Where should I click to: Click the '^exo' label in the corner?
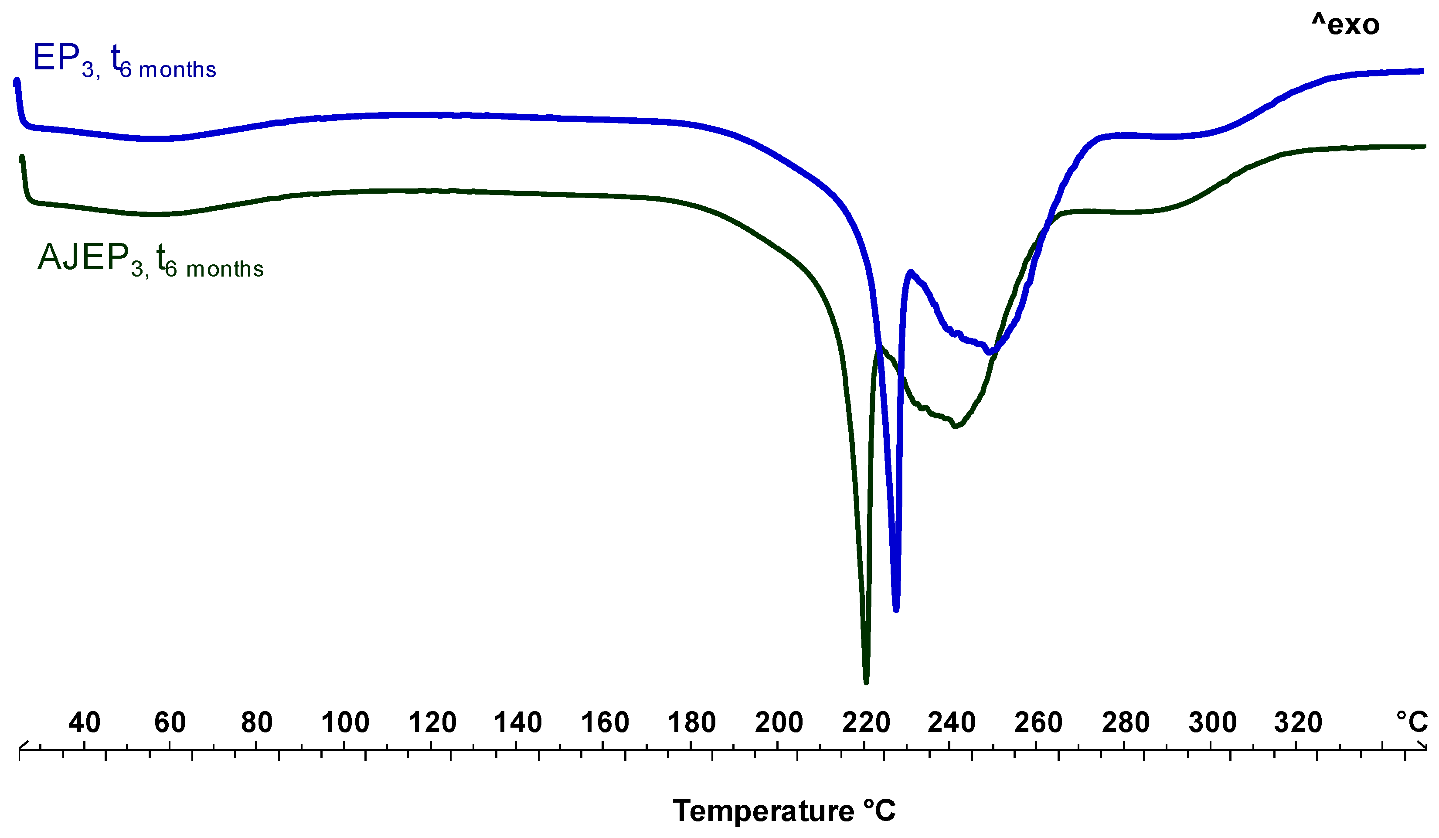pyautogui.click(x=1345, y=24)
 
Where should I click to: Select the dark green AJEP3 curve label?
pyautogui.click(x=150, y=260)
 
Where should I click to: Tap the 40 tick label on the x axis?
pyautogui.click(x=85, y=722)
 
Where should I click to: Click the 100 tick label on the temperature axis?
pyautogui.click(x=345, y=722)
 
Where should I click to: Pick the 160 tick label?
pyautogui.click(x=605, y=722)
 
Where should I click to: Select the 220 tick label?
pyautogui.click(x=866, y=722)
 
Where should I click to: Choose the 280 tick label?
pyautogui.click(x=1126, y=722)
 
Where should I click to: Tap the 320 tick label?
pyautogui.click(x=1298, y=722)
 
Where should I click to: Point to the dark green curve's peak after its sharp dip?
pyautogui.click(x=879, y=347)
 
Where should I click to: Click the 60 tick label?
pyautogui.click(x=170, y=722)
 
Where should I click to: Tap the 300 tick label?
pyautogui.click(x=1212, y=722)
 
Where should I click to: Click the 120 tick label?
pyautogui.click(x=432, y=722)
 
